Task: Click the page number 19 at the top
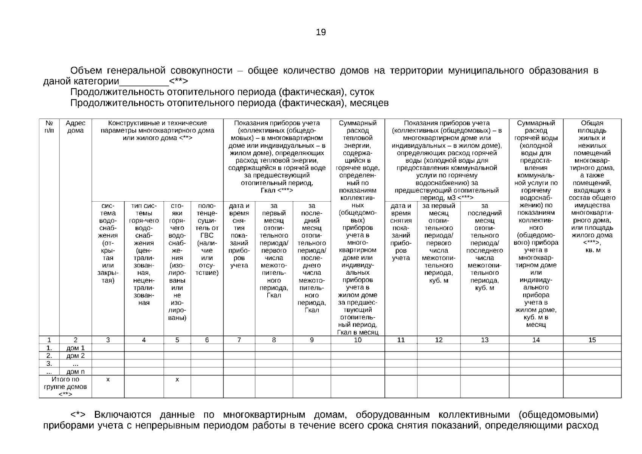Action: coord(321,32)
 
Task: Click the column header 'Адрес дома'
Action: coord(75,127)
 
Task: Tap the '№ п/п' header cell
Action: coord(49,127)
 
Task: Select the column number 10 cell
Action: coord(357,340)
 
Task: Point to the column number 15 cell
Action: coord(592,340)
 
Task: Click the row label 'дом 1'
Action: coord(75,348)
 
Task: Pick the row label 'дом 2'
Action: coord(75,356)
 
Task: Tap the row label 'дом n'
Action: coord(75,372)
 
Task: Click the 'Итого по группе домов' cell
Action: coord(65,386)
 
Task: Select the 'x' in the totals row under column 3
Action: coord(108,379)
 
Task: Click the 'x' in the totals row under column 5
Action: coord(177,379)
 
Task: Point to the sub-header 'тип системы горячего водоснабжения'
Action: coord(144,254)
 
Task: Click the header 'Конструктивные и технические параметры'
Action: coord(157,131)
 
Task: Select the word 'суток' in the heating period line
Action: coord(362,92)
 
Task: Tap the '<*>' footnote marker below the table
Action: coord(79,415)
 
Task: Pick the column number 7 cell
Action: coord(239,340)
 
